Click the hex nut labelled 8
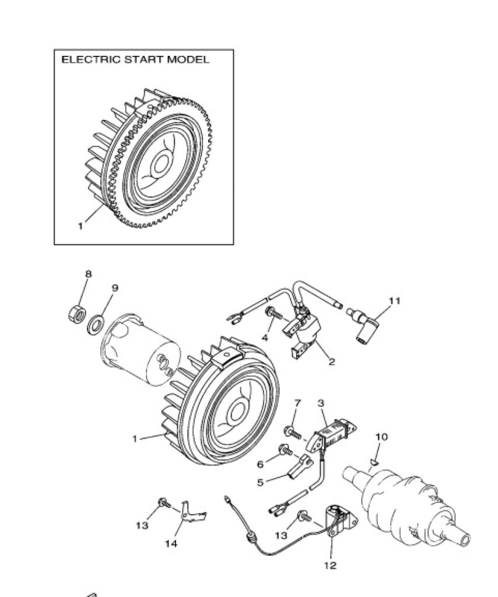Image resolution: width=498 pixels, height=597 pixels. pos(77,313)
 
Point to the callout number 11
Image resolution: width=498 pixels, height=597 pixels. pos(394,301)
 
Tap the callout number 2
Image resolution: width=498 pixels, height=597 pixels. pos(332,361)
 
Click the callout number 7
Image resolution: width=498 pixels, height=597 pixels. pos(298,402)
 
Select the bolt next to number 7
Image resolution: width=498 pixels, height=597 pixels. pos(292,432)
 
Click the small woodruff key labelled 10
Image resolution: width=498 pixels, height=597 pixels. pos(373,462)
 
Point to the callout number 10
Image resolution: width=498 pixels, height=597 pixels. pos(381,437)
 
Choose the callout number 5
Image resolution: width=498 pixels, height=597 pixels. pos(260,482)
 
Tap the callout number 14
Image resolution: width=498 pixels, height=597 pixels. pos(171,544)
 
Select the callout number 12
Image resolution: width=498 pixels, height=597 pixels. pos(330,566)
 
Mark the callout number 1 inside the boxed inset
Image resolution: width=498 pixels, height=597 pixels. pos(80,226)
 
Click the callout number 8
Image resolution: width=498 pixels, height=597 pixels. pos(88,274)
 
